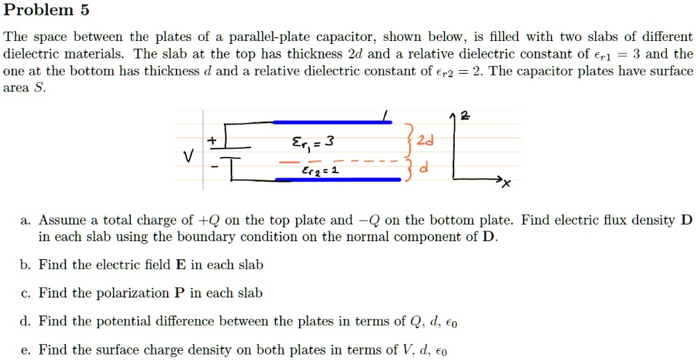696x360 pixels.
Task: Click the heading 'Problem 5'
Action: tap(46, 9)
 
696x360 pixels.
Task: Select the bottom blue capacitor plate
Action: tap(338, 179)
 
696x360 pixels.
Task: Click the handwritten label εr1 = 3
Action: tap(312, 143)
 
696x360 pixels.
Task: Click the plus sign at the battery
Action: tap(213, 140)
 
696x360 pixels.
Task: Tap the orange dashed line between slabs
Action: tap(337, 161)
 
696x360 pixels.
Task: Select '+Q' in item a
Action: tap(208, 220)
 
